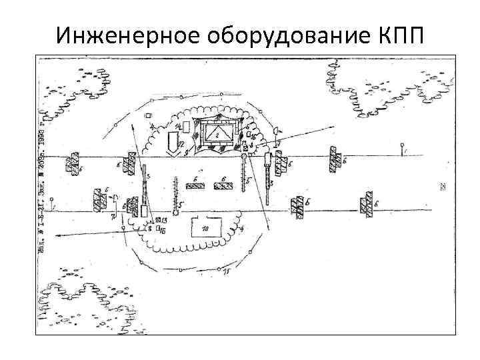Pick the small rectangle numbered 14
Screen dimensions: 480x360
187,126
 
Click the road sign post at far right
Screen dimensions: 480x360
401,149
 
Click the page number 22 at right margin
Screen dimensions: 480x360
443,187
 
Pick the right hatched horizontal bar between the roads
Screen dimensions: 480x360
223,185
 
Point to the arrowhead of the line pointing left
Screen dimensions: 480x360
57,235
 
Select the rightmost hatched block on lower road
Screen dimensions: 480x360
365,204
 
